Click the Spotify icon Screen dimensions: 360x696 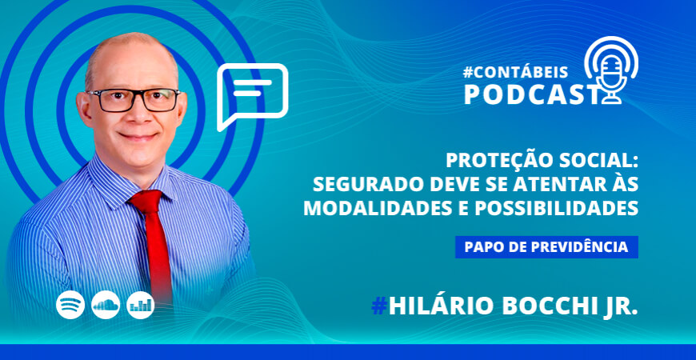click(70, 305)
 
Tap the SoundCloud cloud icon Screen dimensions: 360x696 click(106, 305)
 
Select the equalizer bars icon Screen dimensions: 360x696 click(141, 305)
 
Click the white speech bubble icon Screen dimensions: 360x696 click(252, 94)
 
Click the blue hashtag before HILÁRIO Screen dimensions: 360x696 click(379, 306)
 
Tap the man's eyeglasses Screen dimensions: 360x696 click(134, 100)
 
